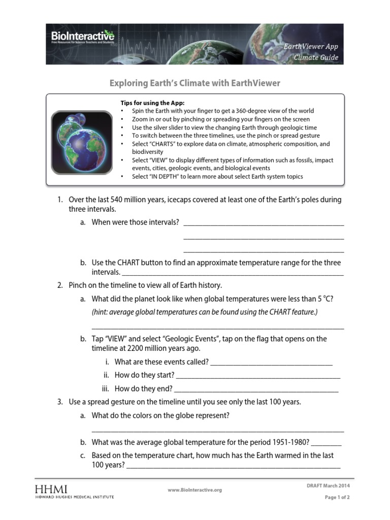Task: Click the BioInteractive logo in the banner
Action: tap(82, 37)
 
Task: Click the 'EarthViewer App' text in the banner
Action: tap(310, 46)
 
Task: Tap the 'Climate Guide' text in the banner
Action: tap(316, 57)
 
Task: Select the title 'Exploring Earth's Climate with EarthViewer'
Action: tap(196, 83)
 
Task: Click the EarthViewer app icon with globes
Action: tap(82, 140)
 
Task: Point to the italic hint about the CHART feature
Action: tap(204, 311)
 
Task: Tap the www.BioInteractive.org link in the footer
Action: tap(194, 490)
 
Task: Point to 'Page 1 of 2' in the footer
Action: tap(337, 497)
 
